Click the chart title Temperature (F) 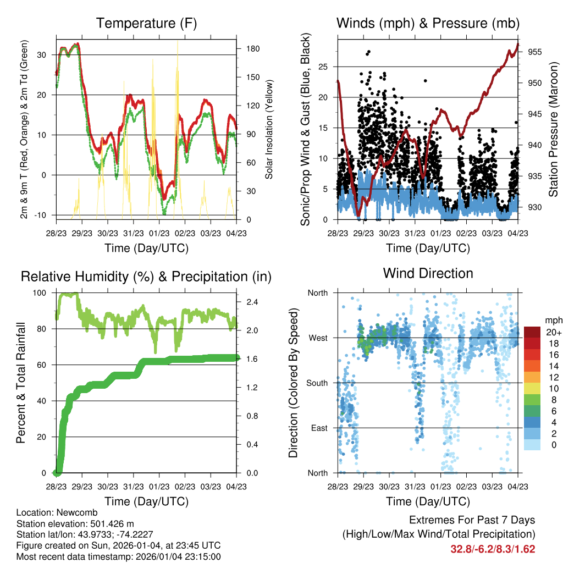pyautogui.click(x=146, y=23)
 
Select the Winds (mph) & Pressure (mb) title pyautogui.click(x=428, y=23)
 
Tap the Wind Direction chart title pyautogui.click(x=428, y=273)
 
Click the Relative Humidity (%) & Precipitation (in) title pyautogui.click(x=146, y=276)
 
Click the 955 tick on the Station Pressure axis pyautogui.click(x=536, y=52)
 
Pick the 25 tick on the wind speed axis pyautogui.click(x=326, y=67)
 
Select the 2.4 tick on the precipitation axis pyautogui.click(x=249, y=302)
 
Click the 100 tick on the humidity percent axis pyautogui.click(x=41, y=293)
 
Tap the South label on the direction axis pyautogui.click(x=317, y=383)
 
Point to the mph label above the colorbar pyautogui.click(x=553, y=320)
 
